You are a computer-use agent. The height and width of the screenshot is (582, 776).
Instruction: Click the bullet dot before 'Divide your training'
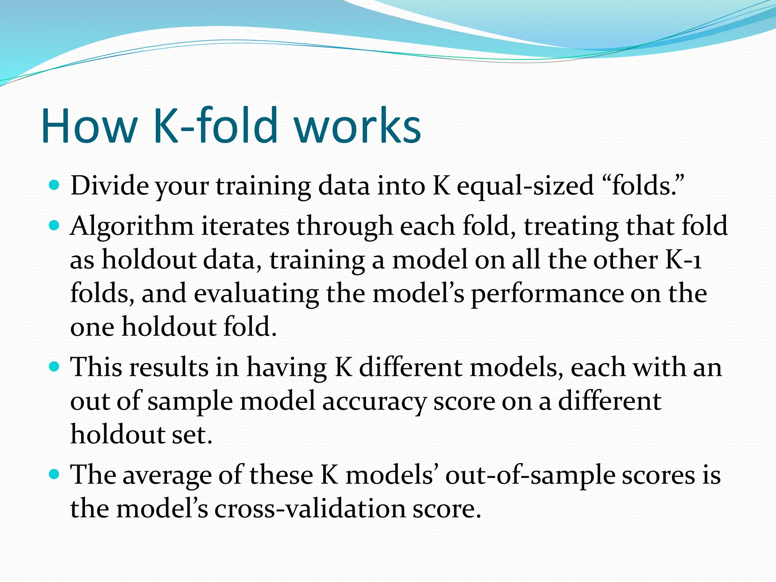coord(55,186)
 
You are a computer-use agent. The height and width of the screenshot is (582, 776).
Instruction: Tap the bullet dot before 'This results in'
coord(55,367)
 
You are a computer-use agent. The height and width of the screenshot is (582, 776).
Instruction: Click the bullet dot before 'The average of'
coord(55,474)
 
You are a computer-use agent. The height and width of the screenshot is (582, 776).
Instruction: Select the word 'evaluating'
coord(257,294)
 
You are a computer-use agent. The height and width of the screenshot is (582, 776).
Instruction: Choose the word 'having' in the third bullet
coord(287,368)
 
